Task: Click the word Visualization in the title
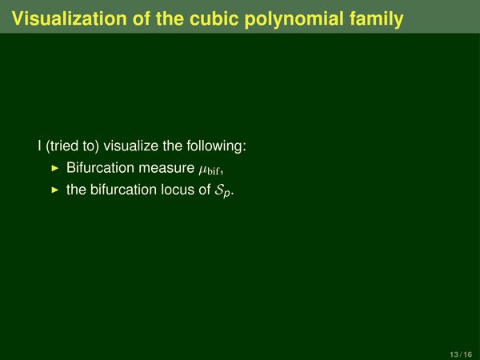(x=69, y=18)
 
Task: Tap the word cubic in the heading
(x=214, y=18)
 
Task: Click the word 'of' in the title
(x=142, y=18)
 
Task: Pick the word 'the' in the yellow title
(x=170, y=18)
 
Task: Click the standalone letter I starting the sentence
(x=39, y=146)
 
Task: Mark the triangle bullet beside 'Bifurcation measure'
(x=54, y=168)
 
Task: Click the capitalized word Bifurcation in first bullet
(x=101, y=168)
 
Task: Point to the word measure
(x=166, y=169)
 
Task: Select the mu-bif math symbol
(x=210, y=170)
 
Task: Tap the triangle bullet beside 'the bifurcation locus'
(x=54, y=190)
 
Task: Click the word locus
(x=178, y=190)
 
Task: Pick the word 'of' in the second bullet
(x=205, y=190)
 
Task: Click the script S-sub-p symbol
(x=222, y=191)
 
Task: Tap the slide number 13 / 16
(x=461, y=354)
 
